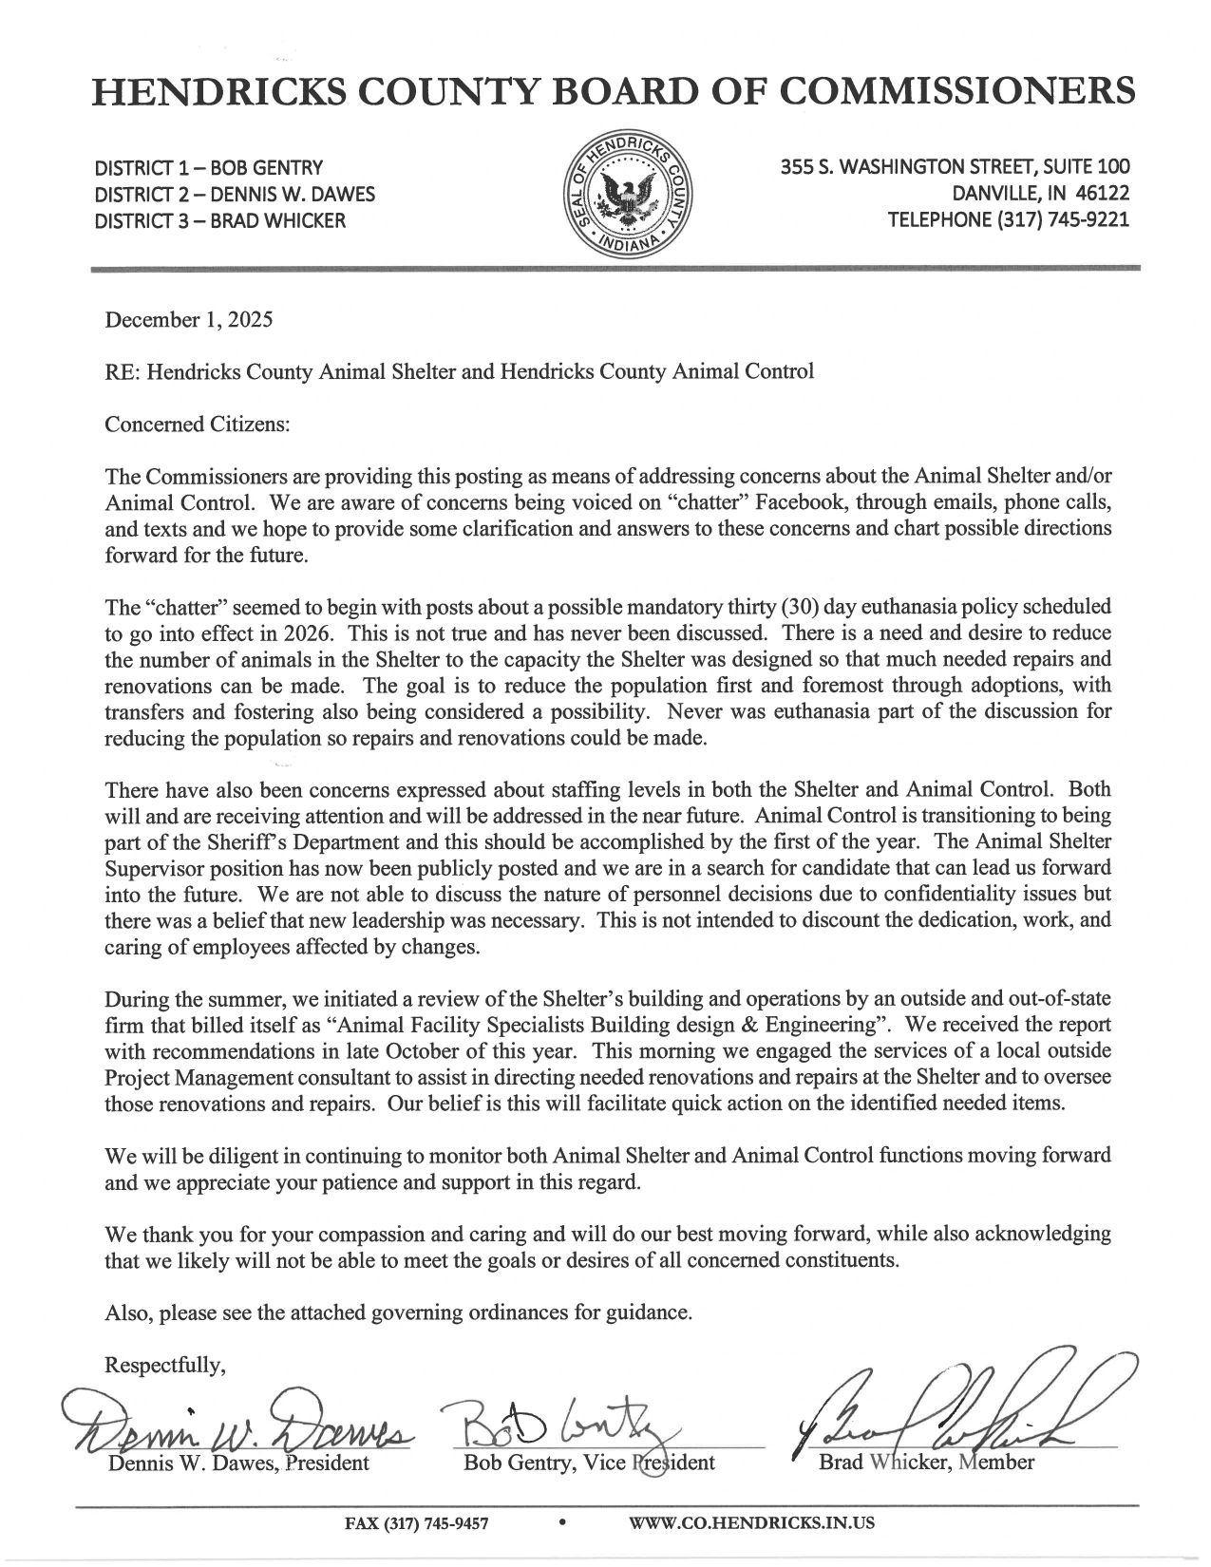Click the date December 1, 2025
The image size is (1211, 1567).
189,319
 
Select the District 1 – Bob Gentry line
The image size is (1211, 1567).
209,168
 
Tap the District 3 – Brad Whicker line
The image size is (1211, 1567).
220,221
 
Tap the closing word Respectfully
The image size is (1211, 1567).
165,1366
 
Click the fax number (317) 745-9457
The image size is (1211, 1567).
415,1523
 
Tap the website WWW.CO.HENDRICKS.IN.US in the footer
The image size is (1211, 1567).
751,1523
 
